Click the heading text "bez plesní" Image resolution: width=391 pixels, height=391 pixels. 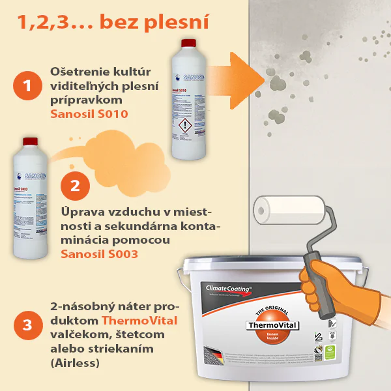pos(155,22)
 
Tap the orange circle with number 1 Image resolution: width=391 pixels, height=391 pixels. pos(27,87)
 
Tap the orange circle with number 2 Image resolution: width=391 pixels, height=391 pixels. pos(75,184)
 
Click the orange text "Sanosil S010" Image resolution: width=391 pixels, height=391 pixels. pos(89,114)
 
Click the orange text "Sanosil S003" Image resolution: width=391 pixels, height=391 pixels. pos(99,254)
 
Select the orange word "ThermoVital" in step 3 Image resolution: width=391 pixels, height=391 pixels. pos(139,320)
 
